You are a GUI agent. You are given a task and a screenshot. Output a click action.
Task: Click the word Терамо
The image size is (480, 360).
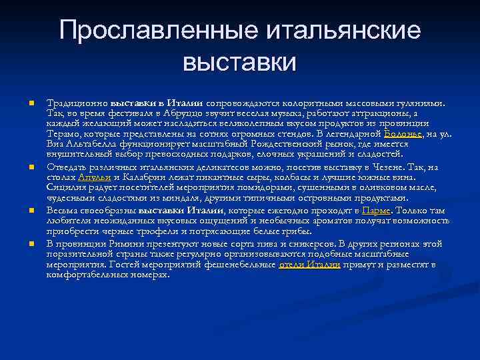click(x=63, y=133)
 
